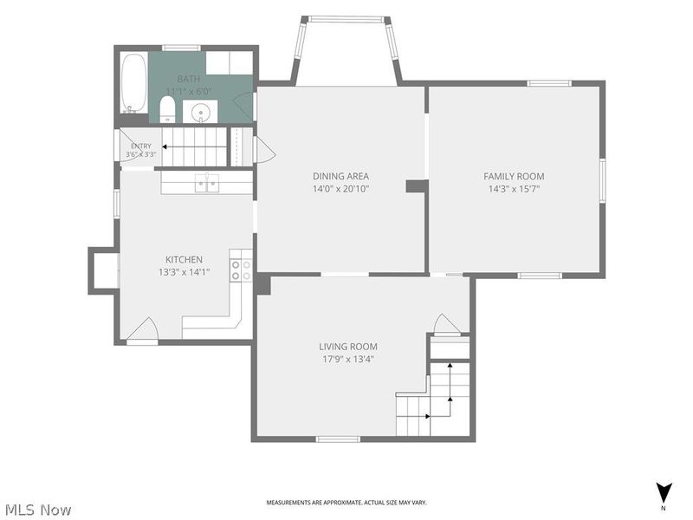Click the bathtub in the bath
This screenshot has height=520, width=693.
click(x=133, y=83)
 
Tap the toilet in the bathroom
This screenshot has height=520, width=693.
click(x=167, y=109)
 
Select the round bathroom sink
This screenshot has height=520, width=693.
click(x=201, y=112)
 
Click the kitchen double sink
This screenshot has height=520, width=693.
click(x=207, y=183)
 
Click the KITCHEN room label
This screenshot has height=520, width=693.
click(x=184, y=259)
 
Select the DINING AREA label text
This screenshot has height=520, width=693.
click(x=340, y=176)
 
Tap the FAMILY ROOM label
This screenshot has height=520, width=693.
click(x=514, y=176)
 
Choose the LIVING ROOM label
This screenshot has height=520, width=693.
click(x=348, y=347)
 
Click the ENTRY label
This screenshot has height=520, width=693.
click(x=141, y=146)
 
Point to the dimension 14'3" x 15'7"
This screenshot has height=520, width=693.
click(x=514, y=189)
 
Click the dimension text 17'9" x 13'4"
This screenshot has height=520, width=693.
click(x=348, y=359)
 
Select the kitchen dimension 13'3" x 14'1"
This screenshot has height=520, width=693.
click(x=184, y=272)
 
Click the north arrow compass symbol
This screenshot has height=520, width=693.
click(x=664, y=492)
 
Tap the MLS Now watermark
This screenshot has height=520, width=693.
click(x=36, y=510)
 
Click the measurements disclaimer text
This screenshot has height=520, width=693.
click(x=346, y=503)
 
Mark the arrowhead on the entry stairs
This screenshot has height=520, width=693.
click(x=164, y=146)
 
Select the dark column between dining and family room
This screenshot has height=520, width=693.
click(x=417, y=186)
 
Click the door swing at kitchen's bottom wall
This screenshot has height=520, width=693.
click(x=143, y=329)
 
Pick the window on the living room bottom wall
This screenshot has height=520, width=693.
click(x=338, y=439)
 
